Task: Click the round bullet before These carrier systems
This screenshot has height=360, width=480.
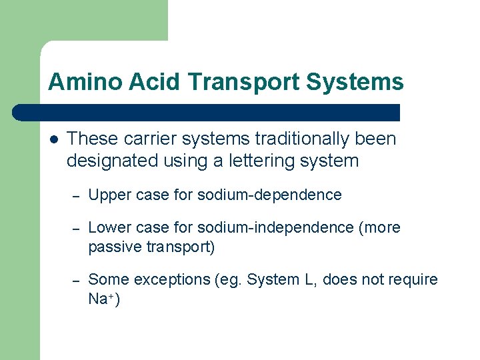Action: pyautogui.click(x=54, y=139)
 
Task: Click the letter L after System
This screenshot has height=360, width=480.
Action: pyautogui.click(x=309, y=280)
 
